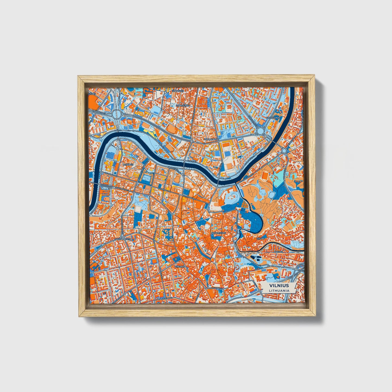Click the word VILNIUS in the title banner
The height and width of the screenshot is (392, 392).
coord(279,286)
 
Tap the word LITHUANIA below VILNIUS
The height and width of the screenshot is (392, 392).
coord(279,291)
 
